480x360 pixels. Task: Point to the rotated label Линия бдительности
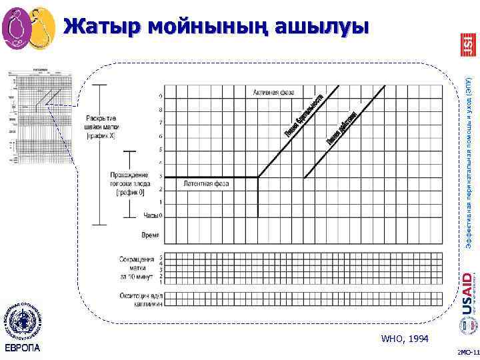[x=303, y=117]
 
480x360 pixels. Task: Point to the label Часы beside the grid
[x=150, y=215]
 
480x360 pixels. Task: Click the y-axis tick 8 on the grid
[x=160, y=109]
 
